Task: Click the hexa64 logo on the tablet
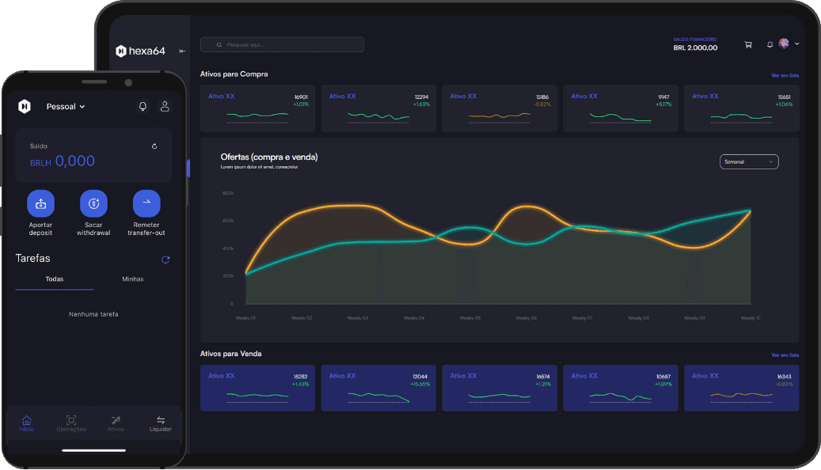(x=140, y=51)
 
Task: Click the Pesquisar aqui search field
(x=282, y=45)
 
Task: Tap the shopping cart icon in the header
(x=748, y=44)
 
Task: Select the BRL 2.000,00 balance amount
(x=695, y=48)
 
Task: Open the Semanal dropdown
(x=749, y=161)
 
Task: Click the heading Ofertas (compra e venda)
(x=269, y=157)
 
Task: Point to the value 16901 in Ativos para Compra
(x=301, y=97)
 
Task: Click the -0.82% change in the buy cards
(x=542, y=104)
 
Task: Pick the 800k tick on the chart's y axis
(x=228, y=193)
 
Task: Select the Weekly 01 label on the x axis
(x=245, y=318)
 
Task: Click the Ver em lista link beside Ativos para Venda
(x=785, y=355)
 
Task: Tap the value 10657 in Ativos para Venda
(x=663, y=377)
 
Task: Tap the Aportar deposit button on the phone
(x=40, y=204)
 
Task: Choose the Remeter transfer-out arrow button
(x=146, y=204)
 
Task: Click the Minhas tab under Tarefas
(x=133, y=279)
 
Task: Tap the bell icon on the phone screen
(x=143, y=106)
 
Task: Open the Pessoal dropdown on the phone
(x=66, y=107)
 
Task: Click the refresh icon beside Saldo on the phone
(x=154, y=146)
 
